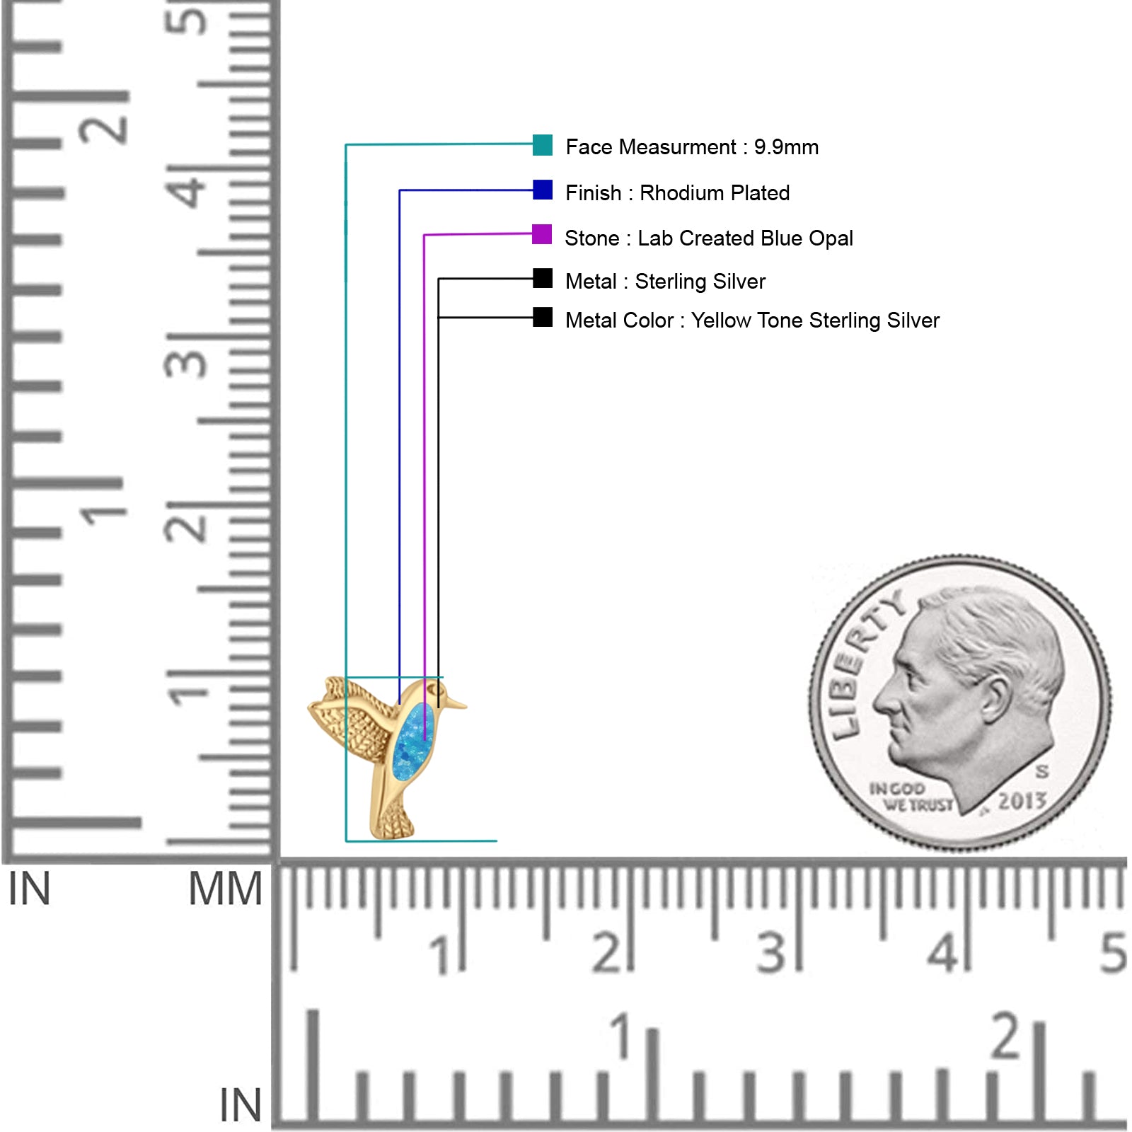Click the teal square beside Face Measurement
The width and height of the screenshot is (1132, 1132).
543,145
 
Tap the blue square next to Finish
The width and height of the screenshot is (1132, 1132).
543,190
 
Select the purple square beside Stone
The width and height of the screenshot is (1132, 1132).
542,234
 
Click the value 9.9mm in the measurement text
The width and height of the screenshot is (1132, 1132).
786,147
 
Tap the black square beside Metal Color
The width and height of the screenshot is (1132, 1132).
543,317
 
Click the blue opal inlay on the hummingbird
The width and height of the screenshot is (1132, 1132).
413,742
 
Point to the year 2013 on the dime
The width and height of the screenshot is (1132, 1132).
1022,801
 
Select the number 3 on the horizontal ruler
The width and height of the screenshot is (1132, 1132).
771,953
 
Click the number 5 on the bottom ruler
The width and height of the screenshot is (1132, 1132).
1113,953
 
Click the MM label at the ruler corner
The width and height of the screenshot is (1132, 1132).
225,889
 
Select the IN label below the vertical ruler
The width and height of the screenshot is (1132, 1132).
29,889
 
